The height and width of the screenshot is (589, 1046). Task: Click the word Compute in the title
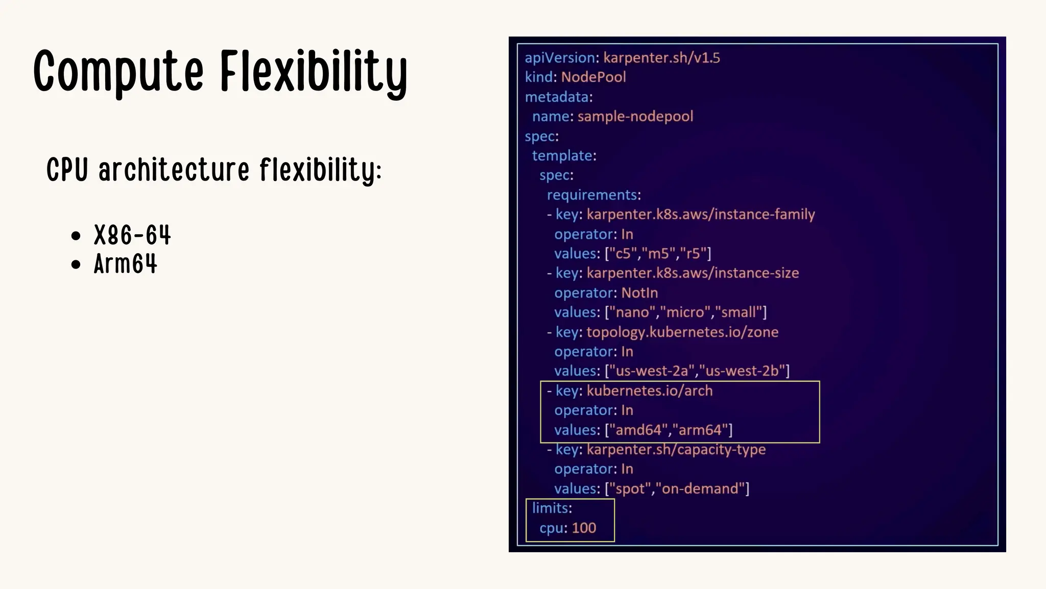[118, 72]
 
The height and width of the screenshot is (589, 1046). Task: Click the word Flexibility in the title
[314, 72]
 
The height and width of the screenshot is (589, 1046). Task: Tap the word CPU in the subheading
[67, 170]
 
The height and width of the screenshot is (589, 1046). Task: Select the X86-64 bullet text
[132, 236]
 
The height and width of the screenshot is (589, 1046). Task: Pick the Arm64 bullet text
[126, 264]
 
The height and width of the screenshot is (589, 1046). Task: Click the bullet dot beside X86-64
[76, 236]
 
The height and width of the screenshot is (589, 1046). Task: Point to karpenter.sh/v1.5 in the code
[661, 58]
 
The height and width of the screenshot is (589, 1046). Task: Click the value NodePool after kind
[593, 77]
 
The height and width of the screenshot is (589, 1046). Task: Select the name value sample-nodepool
[635, 117]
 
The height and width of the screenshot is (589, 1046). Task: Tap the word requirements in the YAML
[592, 195]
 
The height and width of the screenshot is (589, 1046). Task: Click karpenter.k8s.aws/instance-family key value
[700, 214]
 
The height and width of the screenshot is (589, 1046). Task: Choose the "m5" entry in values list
[658, 254]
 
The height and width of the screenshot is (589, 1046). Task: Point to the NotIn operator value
[639, 293]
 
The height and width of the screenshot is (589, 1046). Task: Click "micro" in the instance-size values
[685, 312]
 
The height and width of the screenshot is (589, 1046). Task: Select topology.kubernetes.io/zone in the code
[682, 332]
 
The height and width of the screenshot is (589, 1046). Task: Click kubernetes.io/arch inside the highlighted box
[649, 391]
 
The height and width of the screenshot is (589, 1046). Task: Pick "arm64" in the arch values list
[700, 430]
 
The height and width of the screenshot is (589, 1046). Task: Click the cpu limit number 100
[584, 528]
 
